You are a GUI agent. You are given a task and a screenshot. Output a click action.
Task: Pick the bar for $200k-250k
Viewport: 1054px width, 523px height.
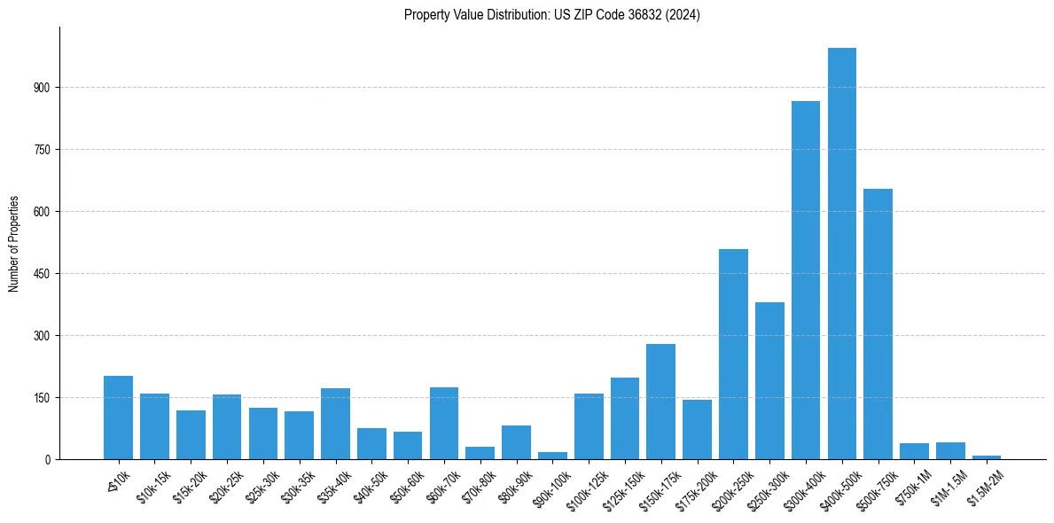click(x=733, y=355)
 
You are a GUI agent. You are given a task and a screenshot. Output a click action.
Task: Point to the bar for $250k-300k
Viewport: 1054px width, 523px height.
click(x=769, y=381)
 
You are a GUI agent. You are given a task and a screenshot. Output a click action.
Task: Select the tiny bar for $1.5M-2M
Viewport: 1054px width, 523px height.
click(x=986, y=457)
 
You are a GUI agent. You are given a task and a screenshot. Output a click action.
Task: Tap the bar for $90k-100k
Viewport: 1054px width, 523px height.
click(x=552, y=456)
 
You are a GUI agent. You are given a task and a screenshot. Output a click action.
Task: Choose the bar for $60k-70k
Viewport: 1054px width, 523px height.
click(x=444, y=424)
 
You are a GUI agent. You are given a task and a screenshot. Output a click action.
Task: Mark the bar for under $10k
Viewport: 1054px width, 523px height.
click(x=118, y=418)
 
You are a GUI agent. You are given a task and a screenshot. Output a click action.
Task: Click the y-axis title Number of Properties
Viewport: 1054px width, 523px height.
click(x=13, y=243)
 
